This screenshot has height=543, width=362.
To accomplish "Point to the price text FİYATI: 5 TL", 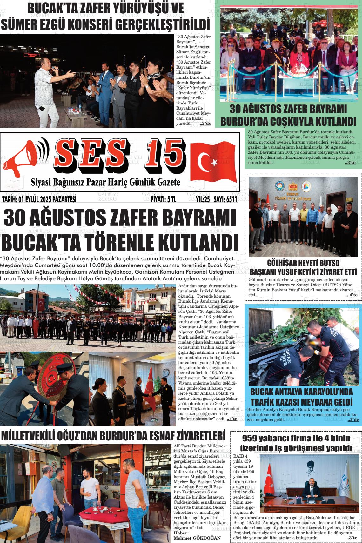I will (x=164, y=199).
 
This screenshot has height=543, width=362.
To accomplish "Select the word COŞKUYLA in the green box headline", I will (x=292, y=122).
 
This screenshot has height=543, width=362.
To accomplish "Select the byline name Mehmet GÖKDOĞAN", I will (x=197, y=538).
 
